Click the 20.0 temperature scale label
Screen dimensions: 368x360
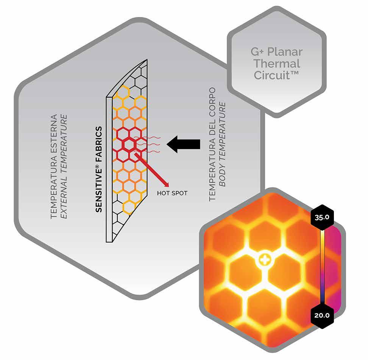click(x=321, y=314)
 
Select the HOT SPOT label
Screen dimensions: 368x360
click(x=172, y=193)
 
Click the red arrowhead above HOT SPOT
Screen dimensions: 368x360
click(x=165, y=184)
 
